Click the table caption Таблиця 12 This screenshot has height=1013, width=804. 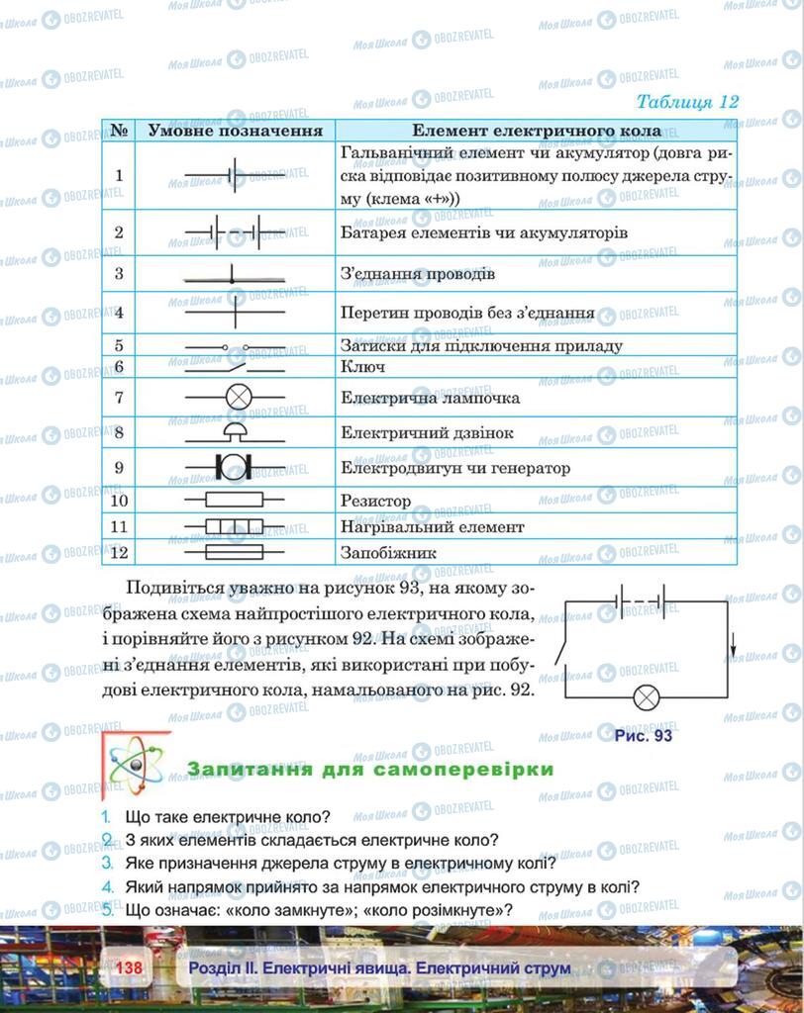[x=687, y=102]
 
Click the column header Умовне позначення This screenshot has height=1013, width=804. [x=235, y=131]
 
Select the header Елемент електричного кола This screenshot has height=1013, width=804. [x=536, y=131]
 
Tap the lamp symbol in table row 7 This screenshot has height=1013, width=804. [x=236, y=397]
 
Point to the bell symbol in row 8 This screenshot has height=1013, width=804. [x=235, y=431]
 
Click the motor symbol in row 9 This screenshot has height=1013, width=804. [x=236, y=466]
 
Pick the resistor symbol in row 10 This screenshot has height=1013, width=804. [x=235, y=501]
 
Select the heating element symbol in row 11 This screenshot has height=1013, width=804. [x=235, y=526]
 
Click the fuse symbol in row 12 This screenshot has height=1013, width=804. [x=235, y=552]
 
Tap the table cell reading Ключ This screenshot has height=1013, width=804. [x=362, y=367]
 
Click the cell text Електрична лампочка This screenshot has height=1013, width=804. [x=430, y=398]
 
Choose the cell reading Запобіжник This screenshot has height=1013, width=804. [x=388, y=553]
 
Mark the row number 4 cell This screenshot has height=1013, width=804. [x=119, y=313]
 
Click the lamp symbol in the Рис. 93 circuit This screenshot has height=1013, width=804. [x=647, y=697]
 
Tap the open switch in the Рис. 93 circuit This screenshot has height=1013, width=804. [x=560, y=654]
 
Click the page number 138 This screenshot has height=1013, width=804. [x=131, y=967]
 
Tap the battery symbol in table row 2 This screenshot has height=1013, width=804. [x=235, y=233]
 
